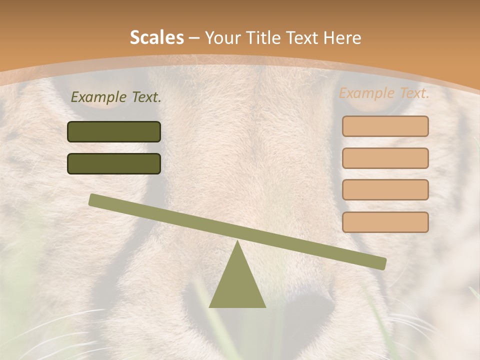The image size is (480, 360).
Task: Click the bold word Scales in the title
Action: (x=156, y=37)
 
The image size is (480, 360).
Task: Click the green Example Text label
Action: (x=116, y=97)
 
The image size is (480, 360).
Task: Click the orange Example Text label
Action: (x=384, y=93)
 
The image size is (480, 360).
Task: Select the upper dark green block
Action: (x=114, y=132)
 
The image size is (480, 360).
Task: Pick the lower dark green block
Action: (x=114, y=163)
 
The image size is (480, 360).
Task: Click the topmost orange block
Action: (x=385, y=126)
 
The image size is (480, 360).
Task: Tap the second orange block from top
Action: (x=385, y=158)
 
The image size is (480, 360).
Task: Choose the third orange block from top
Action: (x=385, y=189)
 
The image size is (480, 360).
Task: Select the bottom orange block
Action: (x=385, y=222)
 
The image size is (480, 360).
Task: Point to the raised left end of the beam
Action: (x=94, y=200)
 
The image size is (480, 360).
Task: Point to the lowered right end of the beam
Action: (x=381, y=263)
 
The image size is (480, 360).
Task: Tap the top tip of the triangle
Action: (x=238, y=242)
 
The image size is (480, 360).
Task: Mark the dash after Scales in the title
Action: (x=194, y=38)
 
